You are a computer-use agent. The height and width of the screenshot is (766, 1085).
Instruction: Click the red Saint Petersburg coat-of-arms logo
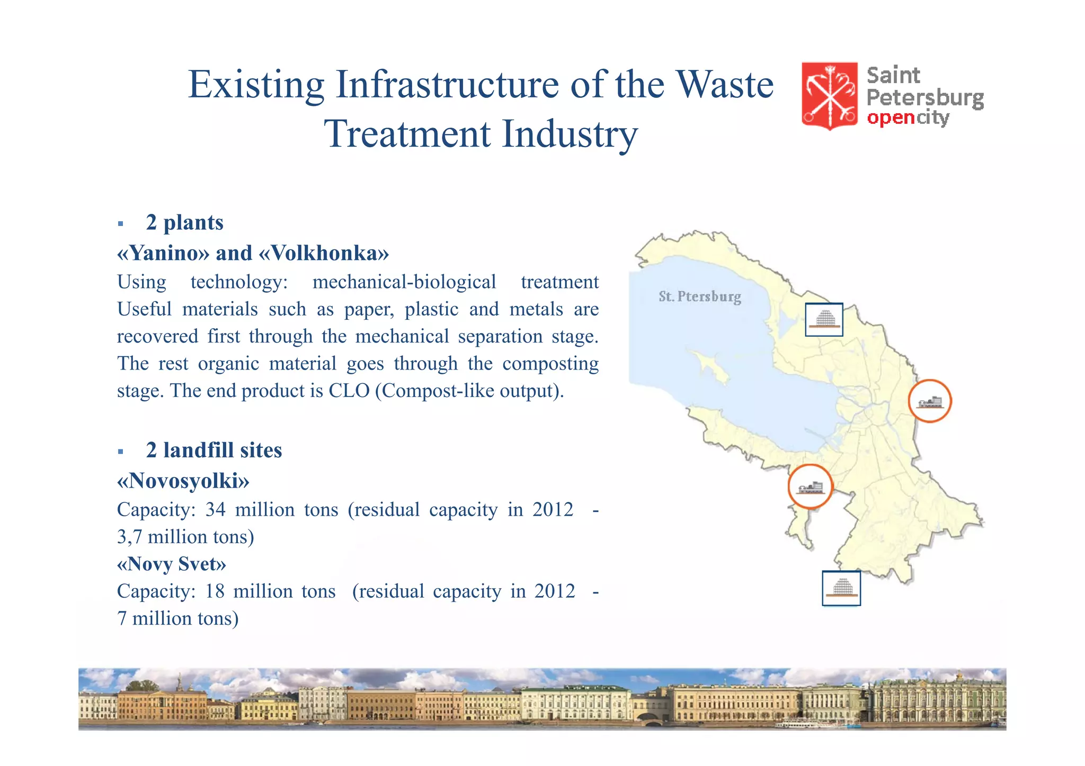pyautogui.click(x=829, y=95)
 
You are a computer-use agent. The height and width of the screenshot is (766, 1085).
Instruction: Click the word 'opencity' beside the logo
pyautogui.click(x=908, y=118)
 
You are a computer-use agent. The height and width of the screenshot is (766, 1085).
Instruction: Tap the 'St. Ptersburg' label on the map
pyautogui.click(x=699, y=296)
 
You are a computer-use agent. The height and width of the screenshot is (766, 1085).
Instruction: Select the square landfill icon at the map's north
pyautogui.click(x=824, y=319)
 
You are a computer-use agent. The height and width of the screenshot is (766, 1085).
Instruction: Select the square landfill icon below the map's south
pyautogui.click(x=841, y=588)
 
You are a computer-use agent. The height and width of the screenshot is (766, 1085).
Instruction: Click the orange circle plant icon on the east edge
pyautogui.click(x=929, y=401)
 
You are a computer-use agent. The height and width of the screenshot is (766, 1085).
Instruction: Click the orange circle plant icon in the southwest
pyautogui.click(x=810, y=486)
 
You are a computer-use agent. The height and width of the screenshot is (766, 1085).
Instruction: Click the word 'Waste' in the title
pyautogui.click(x=725, y=85)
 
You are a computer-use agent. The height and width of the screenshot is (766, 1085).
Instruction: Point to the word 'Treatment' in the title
pyautogui.click(x=407, y=133)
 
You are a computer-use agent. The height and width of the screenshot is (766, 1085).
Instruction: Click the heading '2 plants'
pyautogui.click(x=184, y=222)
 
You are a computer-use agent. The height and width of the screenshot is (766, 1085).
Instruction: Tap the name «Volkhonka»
pyautogui.click(x=324, y=253)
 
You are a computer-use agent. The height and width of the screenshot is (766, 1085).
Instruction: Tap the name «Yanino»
pyautogui.click(x=163, y=253)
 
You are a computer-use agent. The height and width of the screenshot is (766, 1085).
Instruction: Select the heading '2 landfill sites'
pyautogui.click(x=214, y=450)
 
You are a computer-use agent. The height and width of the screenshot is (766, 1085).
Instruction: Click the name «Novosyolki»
pyautogui.click(x=183, y=481)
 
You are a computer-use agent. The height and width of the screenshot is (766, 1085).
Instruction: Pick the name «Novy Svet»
pyautogui.click(x=171, y=564)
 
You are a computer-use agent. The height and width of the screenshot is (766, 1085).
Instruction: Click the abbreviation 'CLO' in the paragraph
pyautogui.click(x=349, y=391)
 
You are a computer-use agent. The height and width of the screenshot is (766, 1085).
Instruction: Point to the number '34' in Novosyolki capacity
pyautogui.click(x=215, y=509)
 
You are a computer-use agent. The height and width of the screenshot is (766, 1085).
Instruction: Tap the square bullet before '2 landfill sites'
pyautogui.click(x=121, y=452)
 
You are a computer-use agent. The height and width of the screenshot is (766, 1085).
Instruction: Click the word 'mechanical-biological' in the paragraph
pyautogui.click(x=404, y=282)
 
